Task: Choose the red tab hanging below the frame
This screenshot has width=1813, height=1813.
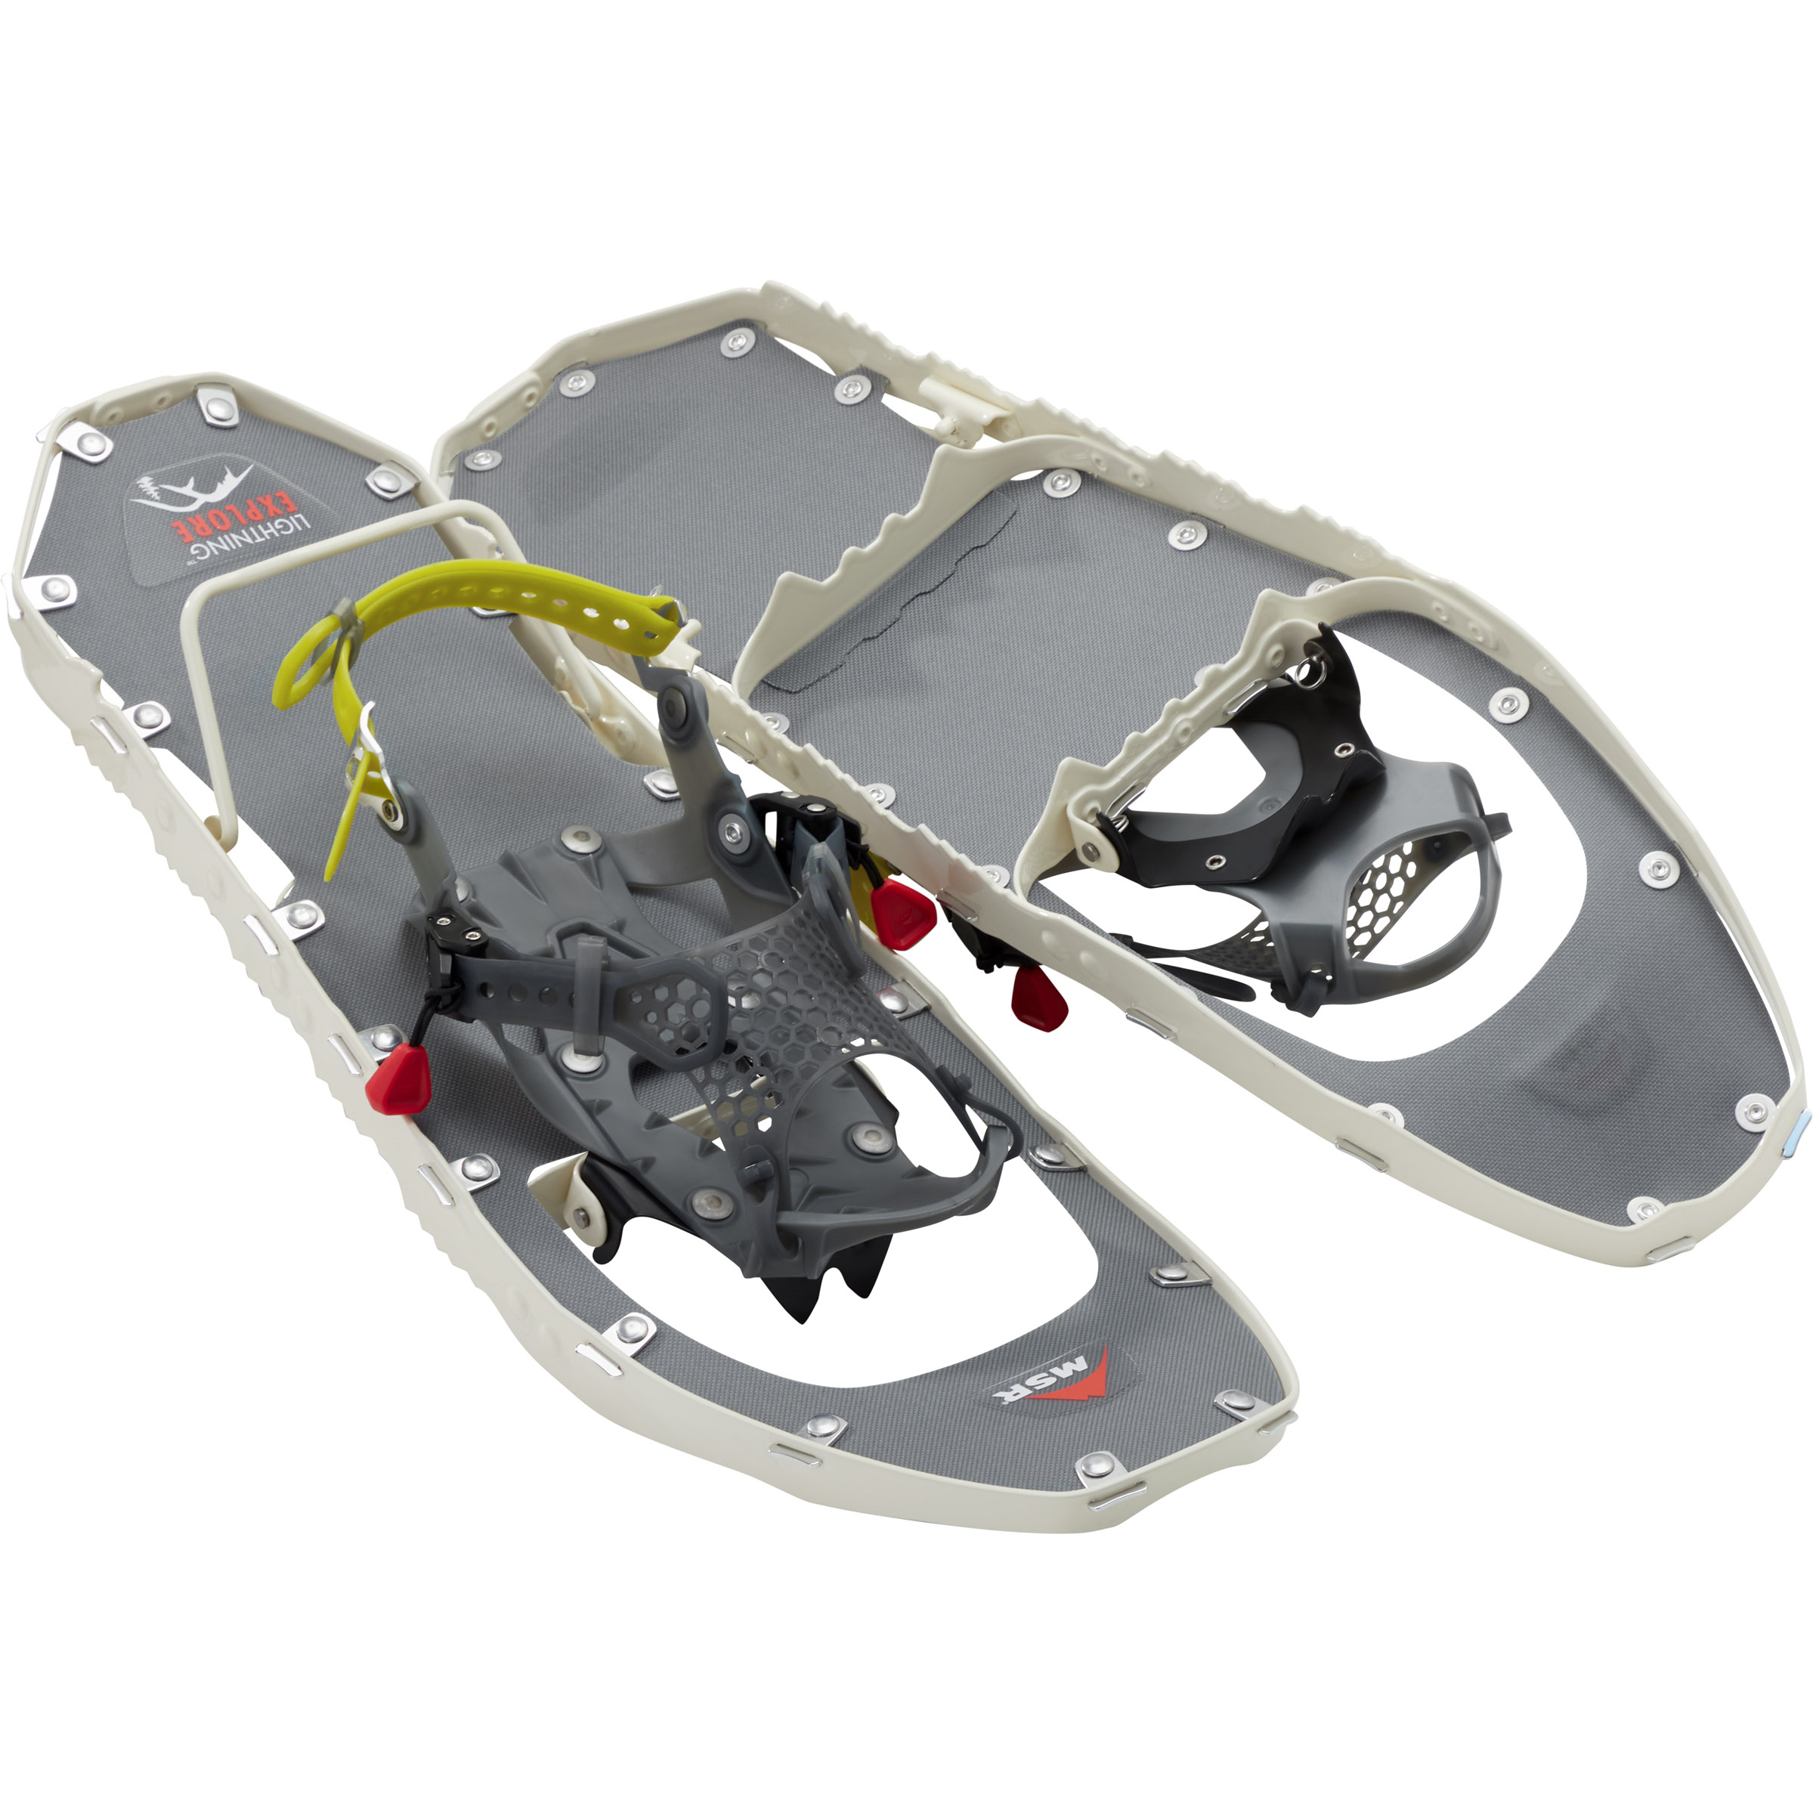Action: click(1032, 995)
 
